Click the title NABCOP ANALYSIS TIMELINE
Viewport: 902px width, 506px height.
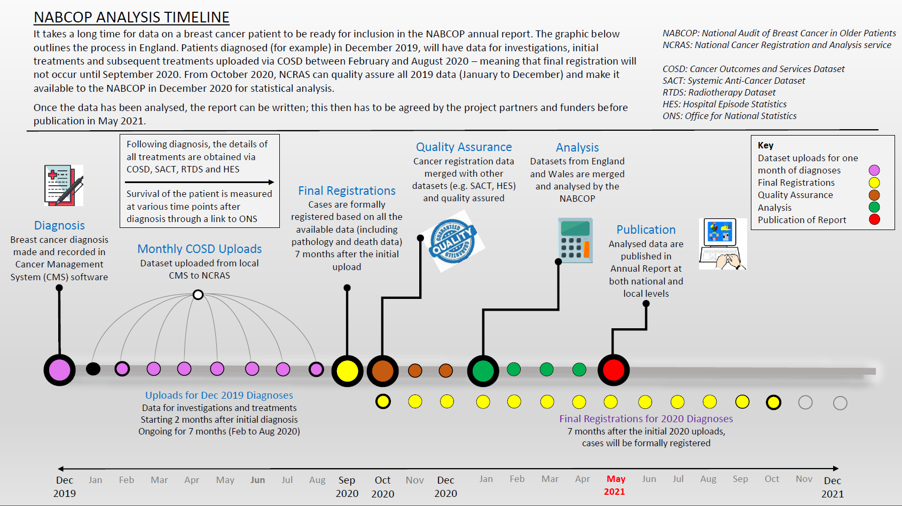click(x=131, y=17)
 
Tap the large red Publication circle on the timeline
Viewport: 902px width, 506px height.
click(x=613, y=370)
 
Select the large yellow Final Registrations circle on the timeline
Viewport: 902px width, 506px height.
click(x=347, y=371)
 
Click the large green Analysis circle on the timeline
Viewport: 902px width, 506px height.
click(x=483, y=371)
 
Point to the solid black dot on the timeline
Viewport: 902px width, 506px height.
click(x=93, y=369)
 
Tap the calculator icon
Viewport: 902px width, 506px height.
click(x=575, y=240)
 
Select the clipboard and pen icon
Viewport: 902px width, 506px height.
click(x=64, y=186)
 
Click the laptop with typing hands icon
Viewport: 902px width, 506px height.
click(x=723, y=244)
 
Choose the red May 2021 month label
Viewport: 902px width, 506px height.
click(x=615, y=485)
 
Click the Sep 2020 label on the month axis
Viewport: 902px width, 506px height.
click(x=347, y=487)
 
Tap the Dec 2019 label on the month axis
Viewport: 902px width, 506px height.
click(x=65, y=486)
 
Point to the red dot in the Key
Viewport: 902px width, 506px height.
click(x=874, y=219)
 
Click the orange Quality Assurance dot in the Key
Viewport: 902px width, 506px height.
click(x=874, y=195)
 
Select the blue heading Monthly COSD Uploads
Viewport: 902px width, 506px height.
click(x=199, y=249)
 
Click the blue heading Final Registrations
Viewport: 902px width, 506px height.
click(x=347, y=191)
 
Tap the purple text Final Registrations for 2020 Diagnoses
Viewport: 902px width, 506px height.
click(x=646, y=418)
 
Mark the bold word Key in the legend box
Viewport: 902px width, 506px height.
click(x=765, y=145)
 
